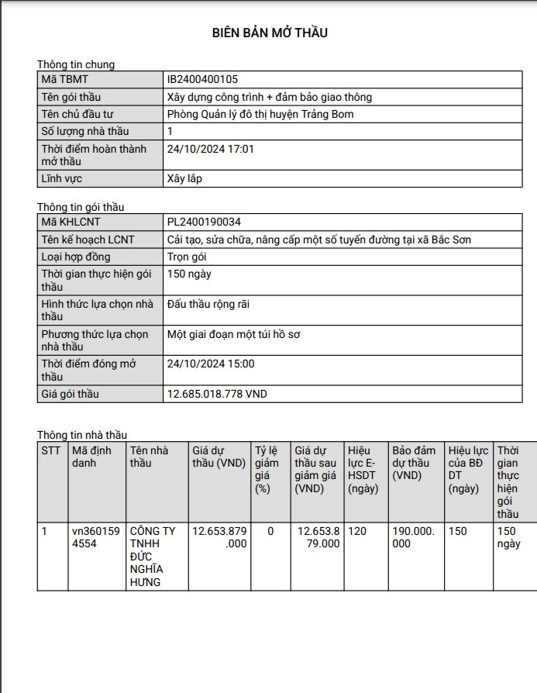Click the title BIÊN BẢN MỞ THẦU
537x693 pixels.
pos(270,33)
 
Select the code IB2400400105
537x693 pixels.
pos(202,80)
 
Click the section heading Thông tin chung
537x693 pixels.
pos(76,64)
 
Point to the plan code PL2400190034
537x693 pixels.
pos(204,222)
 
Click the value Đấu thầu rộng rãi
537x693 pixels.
pos(208,305)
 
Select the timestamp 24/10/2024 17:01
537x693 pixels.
pos(211,148)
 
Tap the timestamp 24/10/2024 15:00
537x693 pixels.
pos(211,364)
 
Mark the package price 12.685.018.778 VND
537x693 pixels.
pos(217,394)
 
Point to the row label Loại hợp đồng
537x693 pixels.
pos(76,257)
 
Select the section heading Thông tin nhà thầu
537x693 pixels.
pos(82,435)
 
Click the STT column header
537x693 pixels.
pos(51,450)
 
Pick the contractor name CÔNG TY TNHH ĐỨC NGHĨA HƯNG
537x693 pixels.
pos(153,557)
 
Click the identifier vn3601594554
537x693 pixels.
pos(96,537)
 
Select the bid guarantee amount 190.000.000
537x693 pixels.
pos(413,537)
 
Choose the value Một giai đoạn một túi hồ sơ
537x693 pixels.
pos(233,334)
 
